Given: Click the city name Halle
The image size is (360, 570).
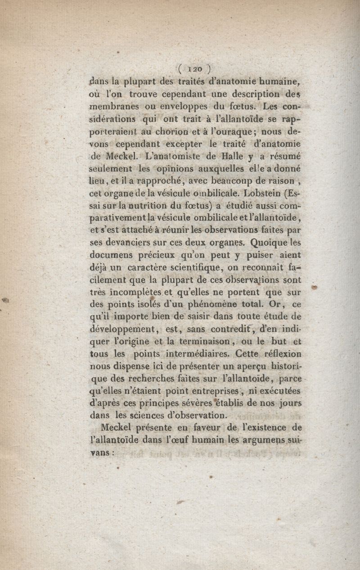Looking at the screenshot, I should coord(233,157).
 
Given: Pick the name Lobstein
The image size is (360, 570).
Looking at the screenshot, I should coord(263,195).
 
